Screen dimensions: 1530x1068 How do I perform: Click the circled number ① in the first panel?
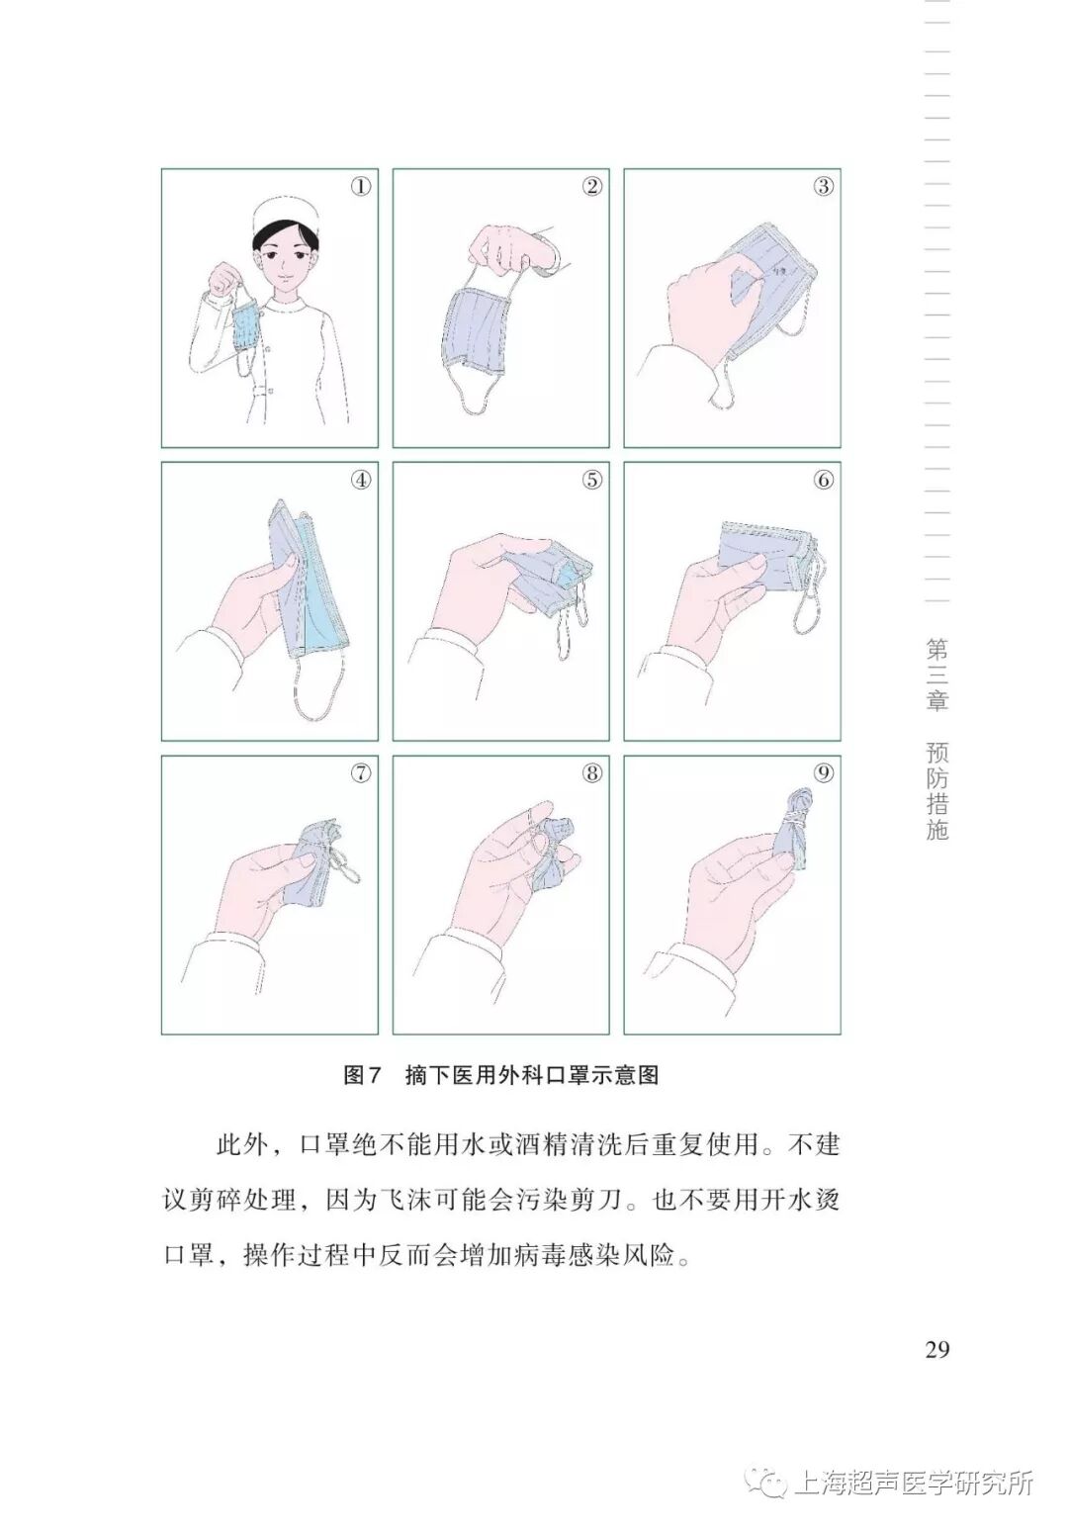coord(361,186)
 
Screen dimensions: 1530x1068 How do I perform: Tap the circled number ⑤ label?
coord(591,480)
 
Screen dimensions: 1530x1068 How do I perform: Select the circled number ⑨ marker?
coord(824,773)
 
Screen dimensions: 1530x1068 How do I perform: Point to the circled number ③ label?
coord(824,186)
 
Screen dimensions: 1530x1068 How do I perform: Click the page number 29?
coord(936,1349)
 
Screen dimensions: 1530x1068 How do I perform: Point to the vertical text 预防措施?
coord(936,791)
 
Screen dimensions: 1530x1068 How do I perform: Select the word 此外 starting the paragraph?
coord(241,1146)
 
